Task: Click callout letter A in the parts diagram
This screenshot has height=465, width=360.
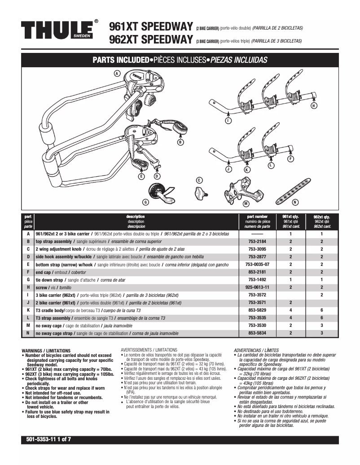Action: tap(117, 73)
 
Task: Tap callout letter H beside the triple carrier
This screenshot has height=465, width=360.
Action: tap(313, 105)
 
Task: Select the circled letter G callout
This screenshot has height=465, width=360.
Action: tap(145, 202)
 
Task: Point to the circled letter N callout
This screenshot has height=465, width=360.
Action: tap(295, 202)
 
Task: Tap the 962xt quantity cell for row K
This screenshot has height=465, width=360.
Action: tap(321, 310)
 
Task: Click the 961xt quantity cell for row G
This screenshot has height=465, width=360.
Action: tap(290, 280)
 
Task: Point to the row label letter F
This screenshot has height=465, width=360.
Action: tap(28, 272)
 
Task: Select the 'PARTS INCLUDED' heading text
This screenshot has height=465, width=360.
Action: tap(120, 60)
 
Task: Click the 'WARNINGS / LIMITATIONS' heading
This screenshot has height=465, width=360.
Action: tap(46, 350)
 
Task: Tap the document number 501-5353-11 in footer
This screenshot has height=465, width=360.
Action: tap(38, 439)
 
